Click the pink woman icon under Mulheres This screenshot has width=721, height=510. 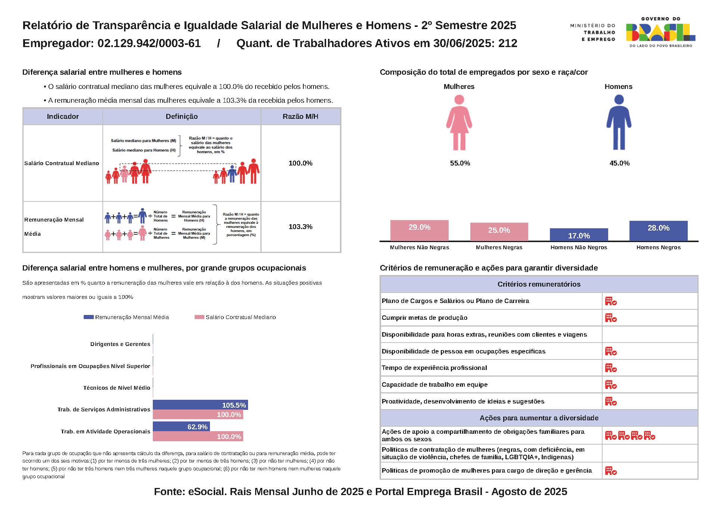[459, 122]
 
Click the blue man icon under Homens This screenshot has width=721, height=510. [619, 122]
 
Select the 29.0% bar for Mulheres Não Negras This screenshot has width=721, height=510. [419, 231]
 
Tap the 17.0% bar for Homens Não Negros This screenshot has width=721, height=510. [579, 235]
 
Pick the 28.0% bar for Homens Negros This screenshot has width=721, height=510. [658, 231]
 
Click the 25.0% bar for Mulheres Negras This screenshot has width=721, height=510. [499, 232]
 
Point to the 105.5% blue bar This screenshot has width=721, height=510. [200, 405]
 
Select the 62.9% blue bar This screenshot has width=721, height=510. [181, 427]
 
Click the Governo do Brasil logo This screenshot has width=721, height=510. [660, 32]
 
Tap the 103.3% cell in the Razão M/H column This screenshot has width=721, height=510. [300, 227]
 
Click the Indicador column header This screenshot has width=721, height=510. [63, 117]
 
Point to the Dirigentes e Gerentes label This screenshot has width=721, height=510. [120, 344]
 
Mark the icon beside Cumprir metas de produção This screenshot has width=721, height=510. [611, 318]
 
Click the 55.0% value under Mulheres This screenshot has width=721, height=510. [460, 163]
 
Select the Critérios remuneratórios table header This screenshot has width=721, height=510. [539, 284]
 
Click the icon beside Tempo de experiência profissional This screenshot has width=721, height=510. [611, 368]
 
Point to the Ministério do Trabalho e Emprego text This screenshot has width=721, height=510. [593, 33]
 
